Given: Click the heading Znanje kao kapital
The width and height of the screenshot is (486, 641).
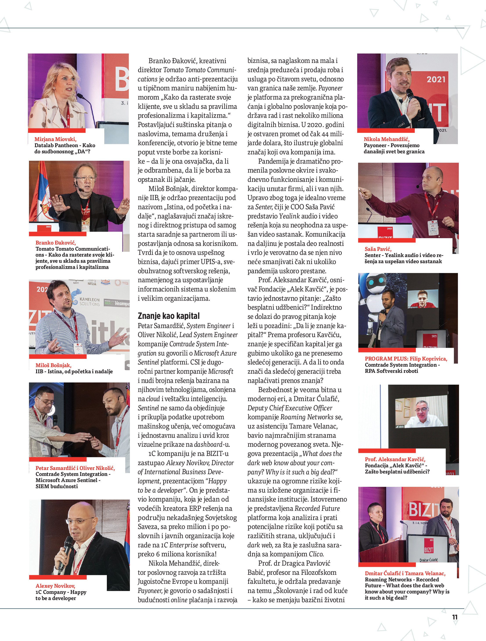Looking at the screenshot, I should click(169, 316).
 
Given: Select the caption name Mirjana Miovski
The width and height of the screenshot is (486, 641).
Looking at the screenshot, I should click(55, 139).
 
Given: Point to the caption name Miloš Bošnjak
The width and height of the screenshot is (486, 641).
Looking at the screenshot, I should click(53, 365).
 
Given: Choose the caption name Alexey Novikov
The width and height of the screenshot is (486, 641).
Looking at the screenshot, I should click(55, 586).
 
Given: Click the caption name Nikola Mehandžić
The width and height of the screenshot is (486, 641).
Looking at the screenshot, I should click(386, 139).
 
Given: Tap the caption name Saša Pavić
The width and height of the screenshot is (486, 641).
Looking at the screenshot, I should click(378, 249).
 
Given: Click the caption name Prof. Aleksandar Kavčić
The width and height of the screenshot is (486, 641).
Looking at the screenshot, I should click(395, 459).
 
